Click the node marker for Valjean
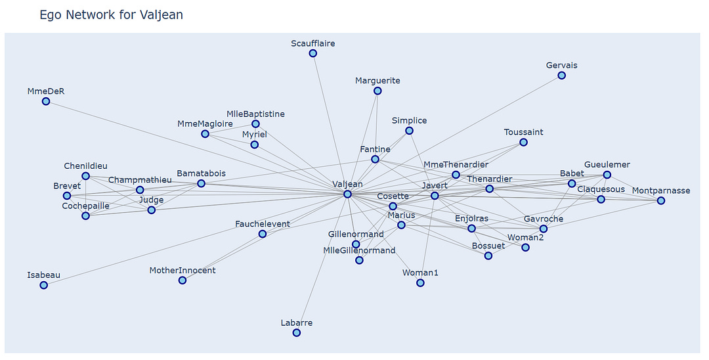tap(348, 194)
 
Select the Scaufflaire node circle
tap(313, 53)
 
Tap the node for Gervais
tap(561, 76)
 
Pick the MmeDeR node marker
tap(46, 101)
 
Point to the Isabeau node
tap(43, 285)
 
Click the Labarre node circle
tap(297, 333)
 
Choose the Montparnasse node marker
tap(661, 200)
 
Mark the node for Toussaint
tap(523, 142)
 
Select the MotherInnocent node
tap(183, 281)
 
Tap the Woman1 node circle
tap(420, 283)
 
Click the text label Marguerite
tap(377, 81)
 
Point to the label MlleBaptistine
tap(256, 114)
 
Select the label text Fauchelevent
tap(263, 224)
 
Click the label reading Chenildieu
tap(85, 166)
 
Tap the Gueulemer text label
tap(607, 164)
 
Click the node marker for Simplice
tap(409, 131)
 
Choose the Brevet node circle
tap(67, 196)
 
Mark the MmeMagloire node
tap(205, 134)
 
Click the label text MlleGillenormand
tap(359, 250)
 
